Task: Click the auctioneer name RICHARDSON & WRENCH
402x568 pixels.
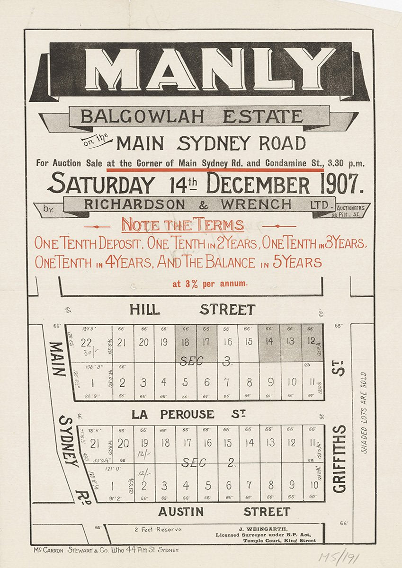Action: point(188,204)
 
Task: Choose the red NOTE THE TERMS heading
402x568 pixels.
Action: point(183,224)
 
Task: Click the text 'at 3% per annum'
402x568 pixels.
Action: point(210,284)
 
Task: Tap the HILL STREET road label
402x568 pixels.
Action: point(193,310)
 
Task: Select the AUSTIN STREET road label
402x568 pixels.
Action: point(224,512)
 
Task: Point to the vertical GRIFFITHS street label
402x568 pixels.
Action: point(339,459)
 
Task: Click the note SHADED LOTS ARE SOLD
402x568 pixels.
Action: point(364,412)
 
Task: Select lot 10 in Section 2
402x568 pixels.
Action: point(314,485)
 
